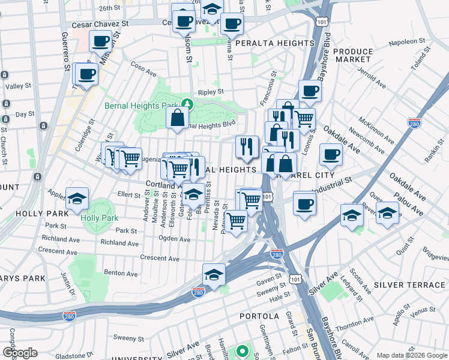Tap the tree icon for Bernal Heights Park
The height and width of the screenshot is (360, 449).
tap(187, 104)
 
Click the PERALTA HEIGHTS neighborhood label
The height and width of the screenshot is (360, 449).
tap(275, 44)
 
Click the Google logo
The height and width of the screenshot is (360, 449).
tap(20, 353)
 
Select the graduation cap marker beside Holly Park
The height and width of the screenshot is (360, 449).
tap(77, 199)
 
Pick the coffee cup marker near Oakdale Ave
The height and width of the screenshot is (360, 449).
tap(331, 155)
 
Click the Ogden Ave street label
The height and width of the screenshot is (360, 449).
tap(174, 239)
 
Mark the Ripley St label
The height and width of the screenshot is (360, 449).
tap(211, 92)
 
